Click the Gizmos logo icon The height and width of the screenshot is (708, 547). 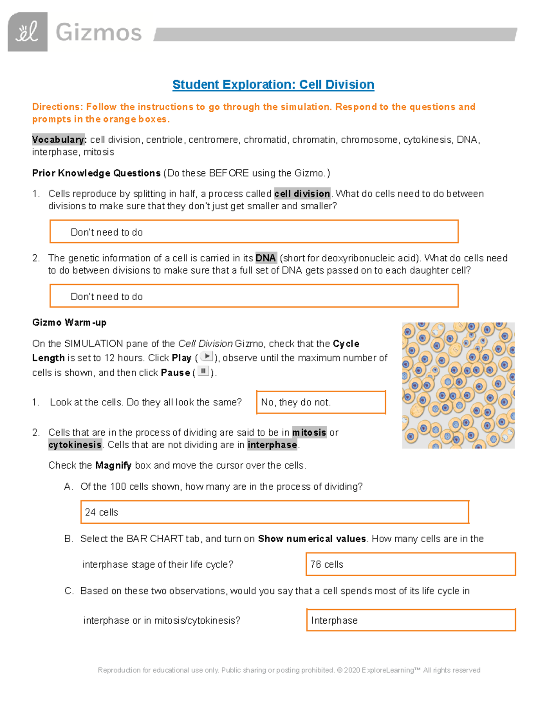[x=27, y=32]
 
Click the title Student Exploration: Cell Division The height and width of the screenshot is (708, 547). [x=273, y=85]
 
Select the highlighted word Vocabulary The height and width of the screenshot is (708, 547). [x=59, y=140]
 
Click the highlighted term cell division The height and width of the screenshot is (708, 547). [x=302, y=194]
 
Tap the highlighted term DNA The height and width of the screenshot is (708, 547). [x=265, y=258]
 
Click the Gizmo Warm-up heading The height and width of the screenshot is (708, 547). [x=69, y=323]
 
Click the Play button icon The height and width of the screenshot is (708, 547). [x=206, y=357]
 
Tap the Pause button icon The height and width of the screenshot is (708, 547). [x=203, y=372]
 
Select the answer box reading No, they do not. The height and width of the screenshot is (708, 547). [x=321, y=402]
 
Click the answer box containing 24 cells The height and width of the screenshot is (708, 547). [x=274, y=512]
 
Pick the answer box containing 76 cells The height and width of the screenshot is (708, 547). [x=410, y=564]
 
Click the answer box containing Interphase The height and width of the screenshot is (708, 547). [x=410, y=620]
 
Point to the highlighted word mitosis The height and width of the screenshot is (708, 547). [x=309, y=432]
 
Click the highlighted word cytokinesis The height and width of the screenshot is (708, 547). [x=75, y=445]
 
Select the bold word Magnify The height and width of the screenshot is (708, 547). [x=113, y=465]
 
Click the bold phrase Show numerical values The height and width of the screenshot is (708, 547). [x=312, y=539]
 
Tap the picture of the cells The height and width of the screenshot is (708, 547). [x=458, y=386]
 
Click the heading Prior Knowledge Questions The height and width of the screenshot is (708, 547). [x=96, y=173]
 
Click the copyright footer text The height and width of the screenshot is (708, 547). [x=289, y=670]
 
